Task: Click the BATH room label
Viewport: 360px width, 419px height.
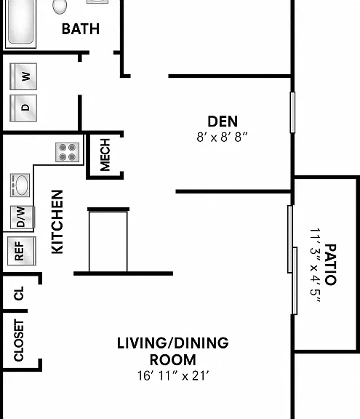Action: pyautogui.click(x=81, y=29)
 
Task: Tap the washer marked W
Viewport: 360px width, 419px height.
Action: pyautogui.click(x=23, y=76)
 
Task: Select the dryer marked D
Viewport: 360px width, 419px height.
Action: pyautogui.click(x=23, y=108)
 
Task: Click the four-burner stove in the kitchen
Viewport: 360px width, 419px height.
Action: pyautogui.click(x=68, y=152)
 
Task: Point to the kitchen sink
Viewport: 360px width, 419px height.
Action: pyautogui.click(x=20, y=185)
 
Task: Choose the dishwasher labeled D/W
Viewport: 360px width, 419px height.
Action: pyautogui.click(x=23, y=218)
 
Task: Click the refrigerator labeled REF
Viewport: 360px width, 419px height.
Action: pyautogui.click(x=22, y=251)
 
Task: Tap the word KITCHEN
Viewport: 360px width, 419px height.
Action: pyautogui.click(x=57, y=222)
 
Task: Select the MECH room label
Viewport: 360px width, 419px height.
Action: pyautogui.click(x=105, y=155)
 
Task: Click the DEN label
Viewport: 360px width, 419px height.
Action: pyautogui.click(x=223, y=121)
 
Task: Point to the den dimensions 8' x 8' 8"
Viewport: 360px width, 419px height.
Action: pyautogui.click(x=223, y=137)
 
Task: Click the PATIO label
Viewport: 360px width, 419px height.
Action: pyautogui.click(x=330, y=265)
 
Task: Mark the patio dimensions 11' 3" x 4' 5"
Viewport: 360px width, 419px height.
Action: pyautogui.click(x=315, y=265)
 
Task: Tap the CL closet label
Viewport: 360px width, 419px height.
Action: pyautogui.click(x=19, y=293)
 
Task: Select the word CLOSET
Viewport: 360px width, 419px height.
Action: pyautogui.click(x=19, y=340)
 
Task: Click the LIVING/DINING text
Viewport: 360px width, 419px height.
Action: pyautogui.click(x=173, y=343)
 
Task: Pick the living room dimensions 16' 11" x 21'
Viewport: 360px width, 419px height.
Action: pyautogui.click(x=173, y=375)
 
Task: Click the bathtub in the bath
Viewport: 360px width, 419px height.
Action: pyautogui.click(x=20, y=23)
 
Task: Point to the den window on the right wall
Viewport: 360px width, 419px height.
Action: pyautogui.click(x=292, y=112)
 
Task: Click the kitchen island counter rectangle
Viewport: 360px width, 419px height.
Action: pyautogui.click(x=108, y=241)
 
